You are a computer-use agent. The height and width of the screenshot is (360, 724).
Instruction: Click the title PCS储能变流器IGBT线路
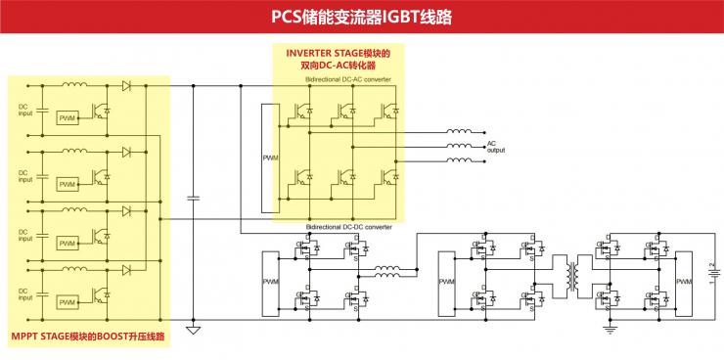tap(361, 17)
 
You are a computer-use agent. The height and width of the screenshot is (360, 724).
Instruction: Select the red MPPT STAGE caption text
tap(87, 338)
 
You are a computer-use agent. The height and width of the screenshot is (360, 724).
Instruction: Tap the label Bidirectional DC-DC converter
tap(349, 227)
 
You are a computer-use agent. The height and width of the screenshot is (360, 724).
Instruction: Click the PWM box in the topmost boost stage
tap(68, 119)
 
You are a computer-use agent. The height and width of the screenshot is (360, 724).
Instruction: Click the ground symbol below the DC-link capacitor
tap(193, 331)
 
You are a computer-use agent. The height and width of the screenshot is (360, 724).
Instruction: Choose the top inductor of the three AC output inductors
tap(459, 131)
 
